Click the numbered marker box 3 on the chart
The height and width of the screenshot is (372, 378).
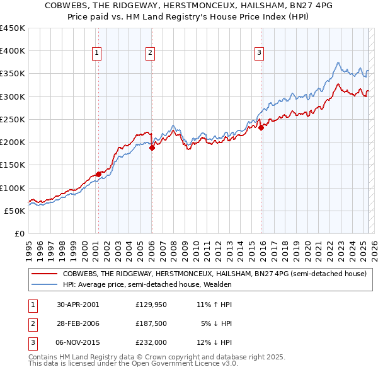tap(259, 54)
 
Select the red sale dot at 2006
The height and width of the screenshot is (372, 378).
tap(152, 148)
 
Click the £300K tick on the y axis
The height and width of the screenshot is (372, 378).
tap(13, 96)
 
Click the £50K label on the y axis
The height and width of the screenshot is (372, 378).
tap(14, 211)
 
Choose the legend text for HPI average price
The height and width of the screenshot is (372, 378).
tap(147, 285)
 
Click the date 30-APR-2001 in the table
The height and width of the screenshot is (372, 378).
tap(77, 305)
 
